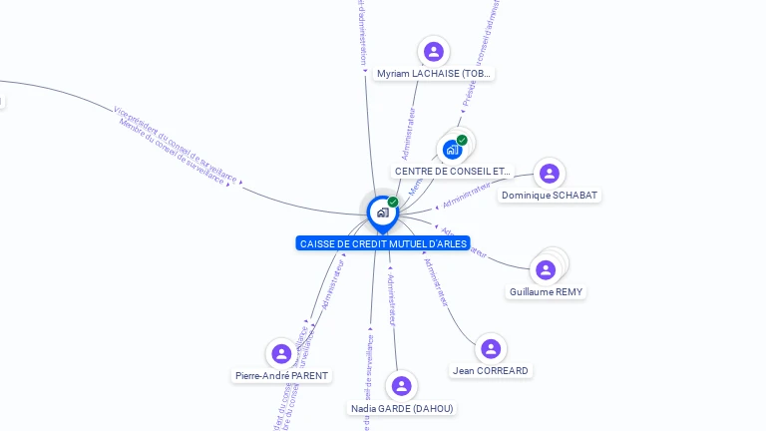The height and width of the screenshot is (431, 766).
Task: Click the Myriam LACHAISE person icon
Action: pyautogui.click(x=433, y=51)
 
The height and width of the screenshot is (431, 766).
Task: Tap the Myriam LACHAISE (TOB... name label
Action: pyautogui.click(x=434, y=74)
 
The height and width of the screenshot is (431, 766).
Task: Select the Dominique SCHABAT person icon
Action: pyautogui.click(x=549, y=174)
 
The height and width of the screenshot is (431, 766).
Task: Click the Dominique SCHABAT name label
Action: pyautogui.click(x=550, y=196)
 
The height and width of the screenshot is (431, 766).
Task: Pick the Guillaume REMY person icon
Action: pyautogui.click(x=546, y=269)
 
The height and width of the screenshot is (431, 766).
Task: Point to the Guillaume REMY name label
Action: pyautogui.click(x=547, y=292)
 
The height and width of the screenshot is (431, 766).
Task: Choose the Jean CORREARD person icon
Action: pyautogui.click(x=490, y=348)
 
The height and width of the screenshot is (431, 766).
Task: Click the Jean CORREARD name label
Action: pyautogui.click(x=490, y=371)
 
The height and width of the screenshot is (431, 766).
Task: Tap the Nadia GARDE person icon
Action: pyautogui.click(x=402, y=386)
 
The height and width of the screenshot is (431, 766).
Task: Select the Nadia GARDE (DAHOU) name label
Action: pyautogui.click(x=402, y=409)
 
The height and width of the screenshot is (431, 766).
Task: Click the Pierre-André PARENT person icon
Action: pyautogui.click(x=281, y=353)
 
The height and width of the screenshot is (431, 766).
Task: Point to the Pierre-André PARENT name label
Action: pyautogui.click(x=282, y=376)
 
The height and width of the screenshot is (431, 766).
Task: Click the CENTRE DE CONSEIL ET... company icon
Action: pyautogui.click(x=453, y=150)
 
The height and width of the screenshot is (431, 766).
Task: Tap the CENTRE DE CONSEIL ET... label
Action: pyautogui.click(x=453, y=172)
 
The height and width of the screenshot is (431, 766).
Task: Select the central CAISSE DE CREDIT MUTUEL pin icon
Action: pyautogui.click(x=382, y=213)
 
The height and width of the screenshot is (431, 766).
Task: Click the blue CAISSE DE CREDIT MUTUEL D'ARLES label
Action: pyautogui.click(x=383, y=243)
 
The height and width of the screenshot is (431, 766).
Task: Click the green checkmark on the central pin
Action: pyautogui.click(x=393, y=203)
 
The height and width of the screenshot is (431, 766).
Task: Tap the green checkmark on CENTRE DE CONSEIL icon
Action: pyautogui.click(x=462, y=140)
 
